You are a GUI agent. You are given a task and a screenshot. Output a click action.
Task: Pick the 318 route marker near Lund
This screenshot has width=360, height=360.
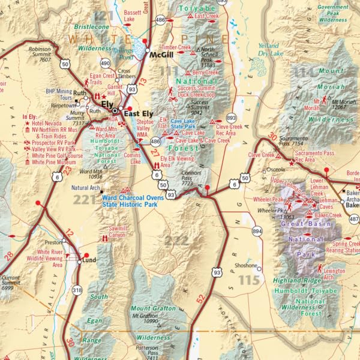pos(76,290)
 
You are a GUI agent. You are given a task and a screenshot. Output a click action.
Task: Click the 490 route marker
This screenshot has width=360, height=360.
pos(105,63)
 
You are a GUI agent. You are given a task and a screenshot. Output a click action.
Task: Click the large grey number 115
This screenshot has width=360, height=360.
pos(249,280)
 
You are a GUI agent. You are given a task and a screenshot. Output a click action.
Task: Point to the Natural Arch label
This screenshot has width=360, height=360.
pos(85,188)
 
